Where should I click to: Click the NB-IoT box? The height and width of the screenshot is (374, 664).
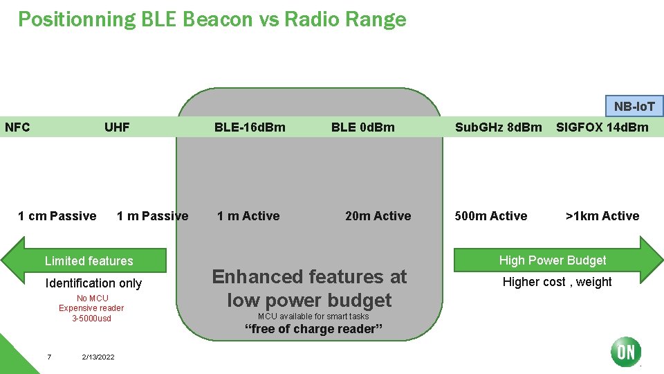click(634, 106)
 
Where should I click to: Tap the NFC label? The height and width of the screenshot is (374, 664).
click(17, 127)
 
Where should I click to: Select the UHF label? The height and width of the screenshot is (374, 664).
click(117, 127)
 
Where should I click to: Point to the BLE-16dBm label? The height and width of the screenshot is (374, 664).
click(250, 127)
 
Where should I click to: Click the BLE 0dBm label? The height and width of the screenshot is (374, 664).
click(362, 127)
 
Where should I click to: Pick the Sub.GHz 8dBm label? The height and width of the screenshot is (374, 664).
click(498, 127)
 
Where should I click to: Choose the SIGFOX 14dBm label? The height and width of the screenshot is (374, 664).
click(602, 127)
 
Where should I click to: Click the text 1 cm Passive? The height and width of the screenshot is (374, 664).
click(57, 216)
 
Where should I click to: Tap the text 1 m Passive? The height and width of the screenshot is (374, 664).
click(152, 216)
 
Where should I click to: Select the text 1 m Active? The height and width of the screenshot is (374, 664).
click(248, 216)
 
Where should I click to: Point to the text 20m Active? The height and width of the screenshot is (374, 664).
click(378, 216)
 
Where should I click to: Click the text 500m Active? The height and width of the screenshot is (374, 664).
click(490, 216)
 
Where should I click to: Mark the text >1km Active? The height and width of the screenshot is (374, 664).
click(602, 216)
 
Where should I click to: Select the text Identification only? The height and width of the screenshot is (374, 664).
click(93, 283)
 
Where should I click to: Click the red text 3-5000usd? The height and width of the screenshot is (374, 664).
click(91, 319)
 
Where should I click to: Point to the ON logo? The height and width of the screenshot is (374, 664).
click(626, 352)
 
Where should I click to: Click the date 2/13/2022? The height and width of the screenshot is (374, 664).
click(98, 357)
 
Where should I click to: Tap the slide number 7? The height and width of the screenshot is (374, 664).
click(49, 357)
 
